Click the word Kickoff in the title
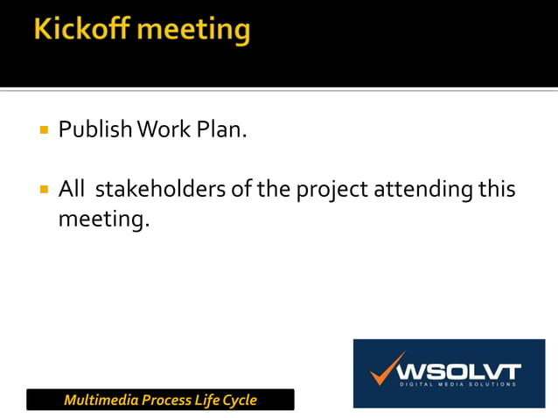tap(80, 31)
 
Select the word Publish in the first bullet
tap(93, 131)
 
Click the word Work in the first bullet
tap(159, 131)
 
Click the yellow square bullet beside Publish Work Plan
tap(42, 132)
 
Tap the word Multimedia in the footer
tap(98, 401)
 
